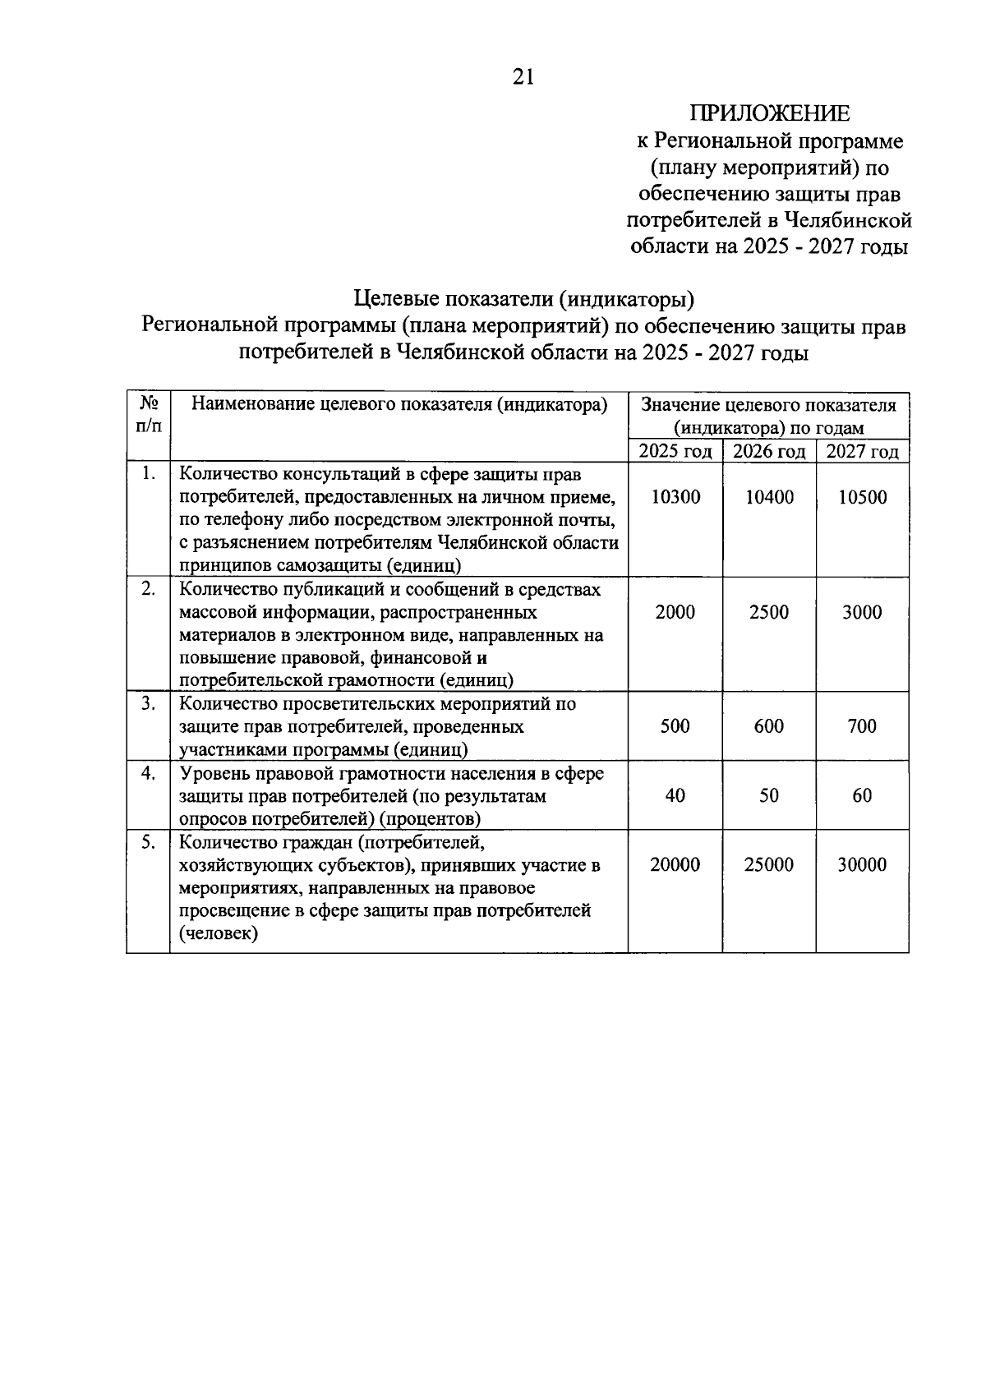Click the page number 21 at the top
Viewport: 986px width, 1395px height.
coord(523,77)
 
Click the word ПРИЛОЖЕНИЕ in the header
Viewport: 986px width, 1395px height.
coord(770,114)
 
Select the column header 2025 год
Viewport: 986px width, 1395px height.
coord(675,452)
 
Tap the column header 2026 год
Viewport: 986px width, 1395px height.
coord(769,452)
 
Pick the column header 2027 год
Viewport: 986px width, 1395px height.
coord(862,452)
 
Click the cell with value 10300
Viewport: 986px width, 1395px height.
coord(675,497)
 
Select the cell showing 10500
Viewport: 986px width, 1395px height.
coord(862,497)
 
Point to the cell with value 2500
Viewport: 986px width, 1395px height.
coord(769,612)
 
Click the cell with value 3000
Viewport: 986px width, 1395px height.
coord(862,612)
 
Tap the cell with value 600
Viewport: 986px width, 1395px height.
coord(769,726)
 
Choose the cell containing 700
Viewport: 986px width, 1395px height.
coord(862,726)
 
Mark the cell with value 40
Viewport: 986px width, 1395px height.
coord(675,795)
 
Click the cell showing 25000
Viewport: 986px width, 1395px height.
coord(769,864)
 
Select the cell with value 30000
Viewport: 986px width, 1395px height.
coord(862,864)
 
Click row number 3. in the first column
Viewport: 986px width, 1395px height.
coord(148,704)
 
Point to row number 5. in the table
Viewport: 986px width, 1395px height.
coord(148,842)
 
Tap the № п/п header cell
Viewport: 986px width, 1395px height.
coord(149,415)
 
